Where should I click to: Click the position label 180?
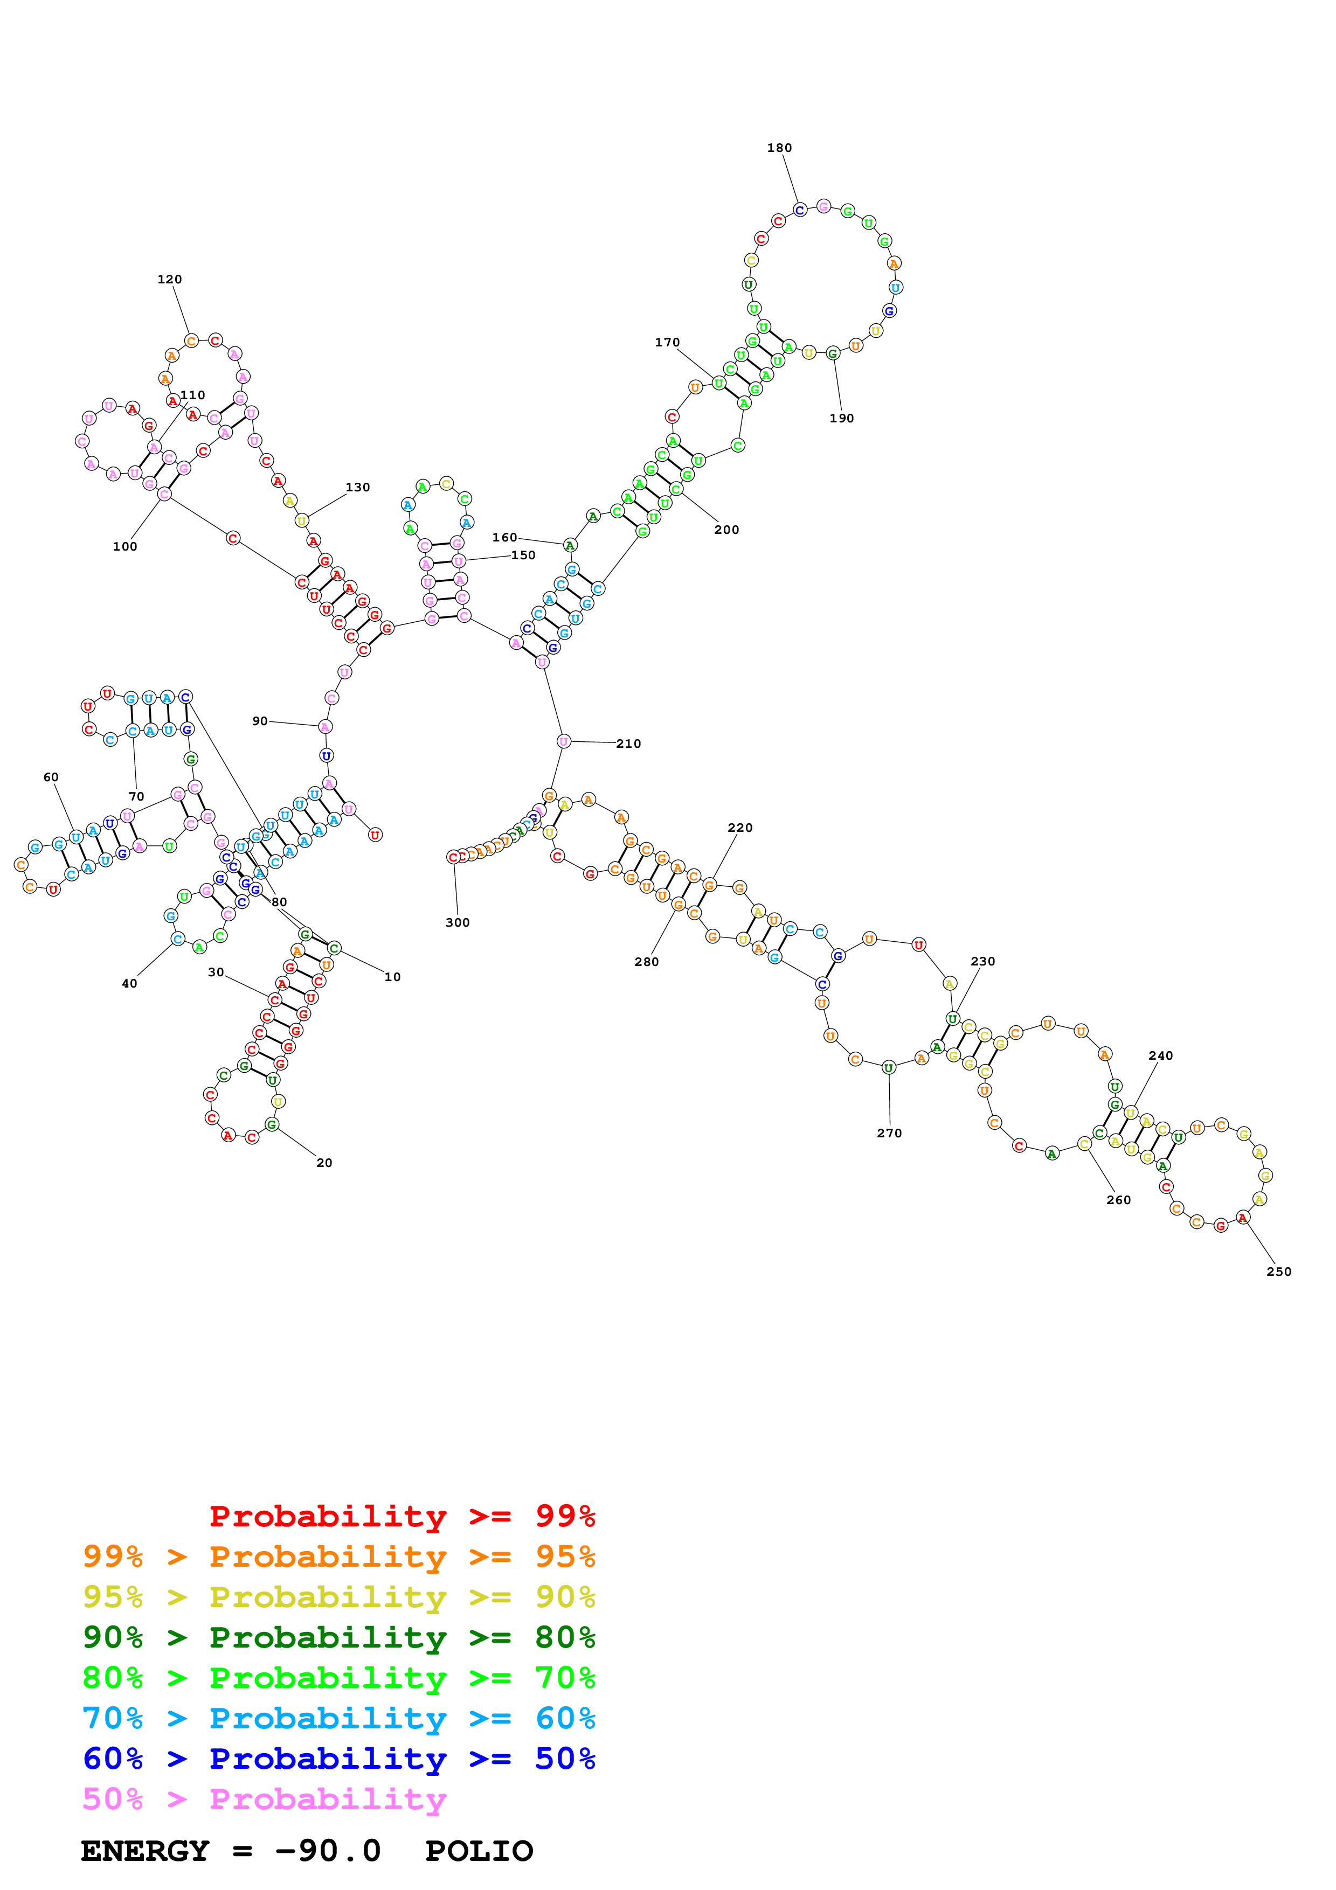click(x=779, y=148)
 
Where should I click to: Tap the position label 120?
click(x=170, y=279)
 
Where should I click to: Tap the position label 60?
click(x=51, y=777)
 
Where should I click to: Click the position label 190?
click(x=841, y=418)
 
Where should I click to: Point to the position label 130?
click(x=357, y=488)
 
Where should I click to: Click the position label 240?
click(x=1161, y=1055)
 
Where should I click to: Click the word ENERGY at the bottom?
click(x=145, y=1851)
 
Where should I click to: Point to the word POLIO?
click(x=479, y=1851)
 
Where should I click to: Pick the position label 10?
click(x=393, y=977)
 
